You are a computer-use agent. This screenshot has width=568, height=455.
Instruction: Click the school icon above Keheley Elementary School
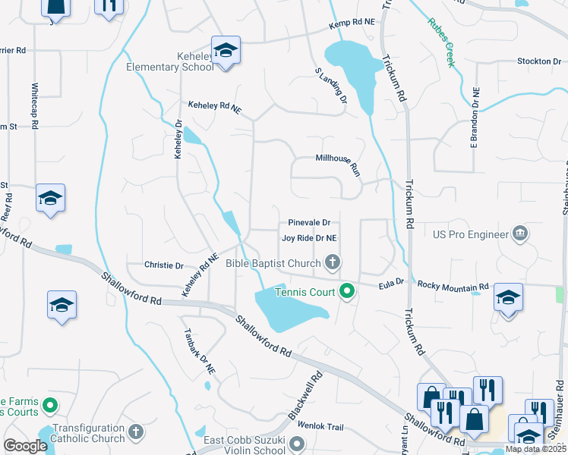pos(226,51)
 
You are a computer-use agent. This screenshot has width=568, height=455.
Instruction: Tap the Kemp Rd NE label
pos(352,25)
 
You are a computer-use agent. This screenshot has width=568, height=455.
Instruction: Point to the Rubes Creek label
pos(440,42)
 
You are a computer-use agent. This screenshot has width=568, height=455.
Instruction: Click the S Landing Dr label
pos(330,85)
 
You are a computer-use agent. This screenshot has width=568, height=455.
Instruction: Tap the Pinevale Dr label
pos(309,223)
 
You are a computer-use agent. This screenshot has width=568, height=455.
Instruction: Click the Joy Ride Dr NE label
pos(309,237)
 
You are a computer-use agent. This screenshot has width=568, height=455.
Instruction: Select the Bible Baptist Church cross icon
pos(332,263)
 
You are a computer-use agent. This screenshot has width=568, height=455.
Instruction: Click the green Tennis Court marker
pos(347,290)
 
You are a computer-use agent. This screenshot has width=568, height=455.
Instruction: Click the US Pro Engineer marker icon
pos(520,234)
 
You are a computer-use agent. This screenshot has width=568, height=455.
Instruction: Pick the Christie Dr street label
pos(164,266)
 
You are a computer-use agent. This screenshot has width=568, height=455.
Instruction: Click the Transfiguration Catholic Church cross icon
pos(136,432)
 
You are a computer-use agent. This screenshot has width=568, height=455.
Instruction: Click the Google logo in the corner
pos(26,446)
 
